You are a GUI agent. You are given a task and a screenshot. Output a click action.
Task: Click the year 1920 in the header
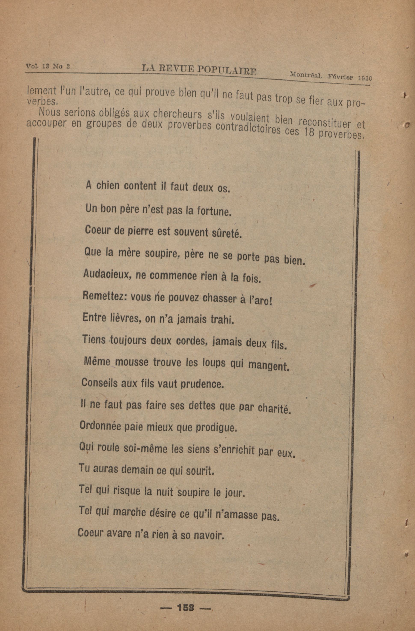[x=365, y=78]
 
